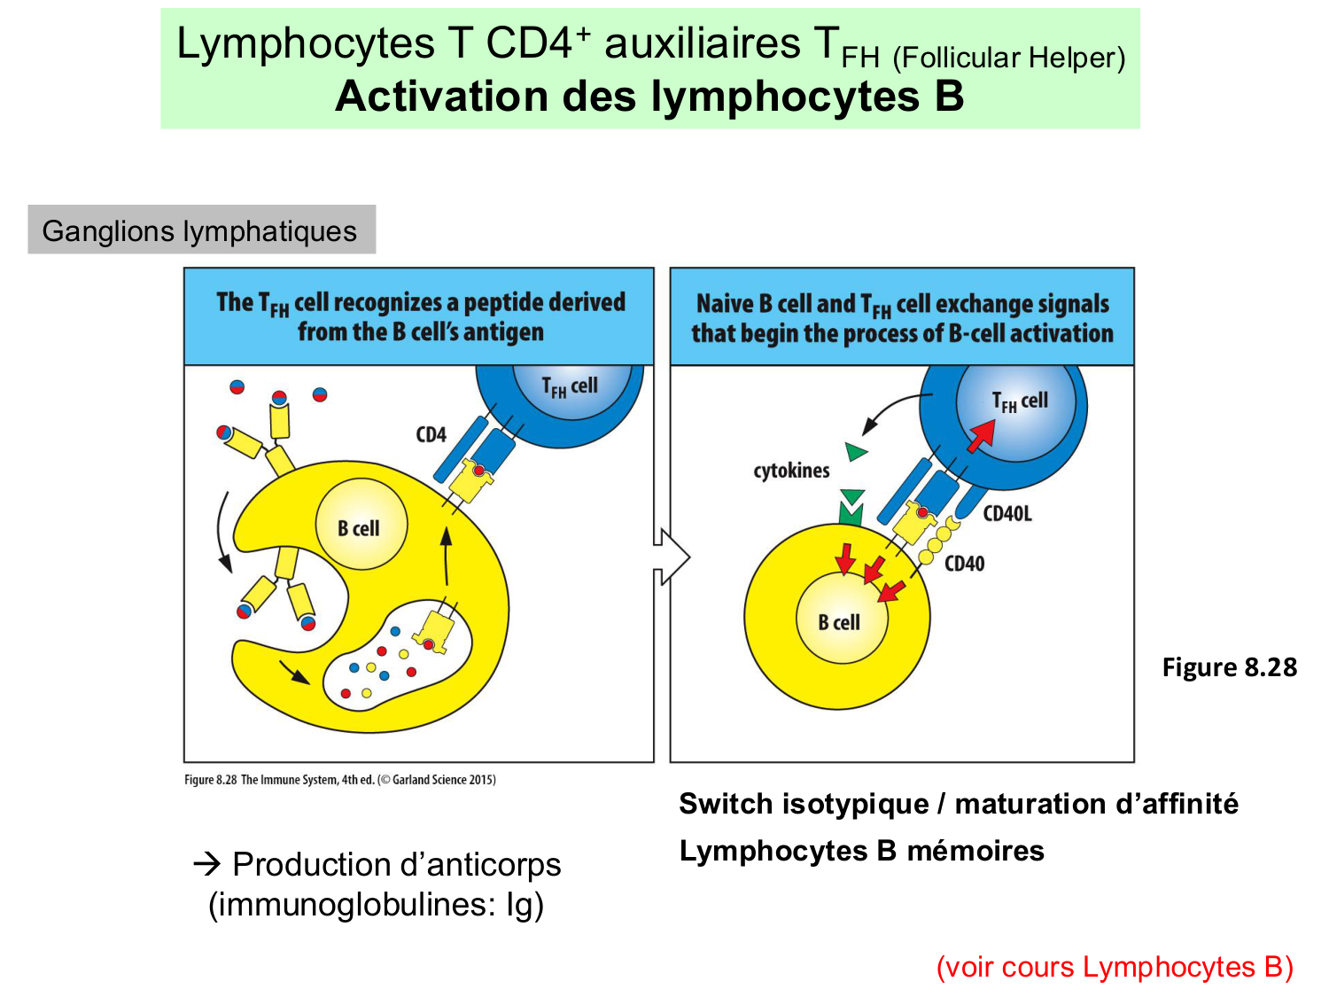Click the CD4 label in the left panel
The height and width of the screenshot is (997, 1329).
(431, 435)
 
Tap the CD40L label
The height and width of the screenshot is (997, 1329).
(1007, 514)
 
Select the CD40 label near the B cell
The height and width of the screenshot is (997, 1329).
(964, 564)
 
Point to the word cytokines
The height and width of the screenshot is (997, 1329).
(791, 471)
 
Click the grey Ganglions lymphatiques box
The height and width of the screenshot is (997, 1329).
(201, 230)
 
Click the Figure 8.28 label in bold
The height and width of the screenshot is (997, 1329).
(1229, 667)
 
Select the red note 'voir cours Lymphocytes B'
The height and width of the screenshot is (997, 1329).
(1115, 967)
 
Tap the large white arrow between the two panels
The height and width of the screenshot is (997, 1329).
(672, 557)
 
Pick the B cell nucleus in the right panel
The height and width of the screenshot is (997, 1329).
(839, 621)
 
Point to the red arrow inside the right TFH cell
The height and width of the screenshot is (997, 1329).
(981, 435)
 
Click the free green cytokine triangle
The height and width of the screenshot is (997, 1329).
(856, 452)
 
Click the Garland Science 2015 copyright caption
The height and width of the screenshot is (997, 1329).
(340, 780)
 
